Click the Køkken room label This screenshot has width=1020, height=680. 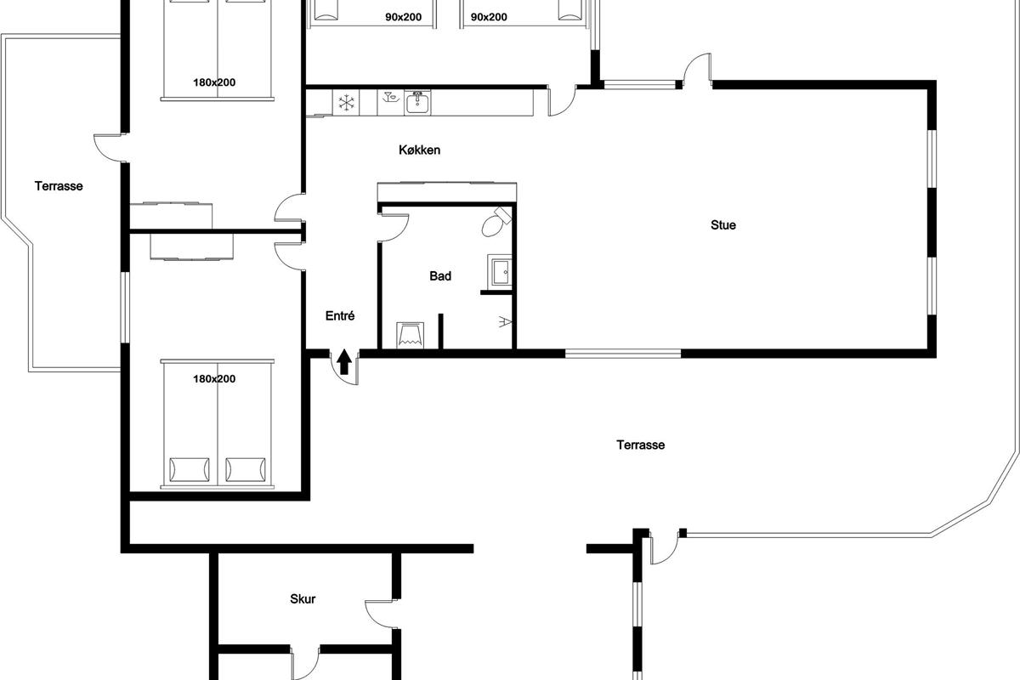point(419,150)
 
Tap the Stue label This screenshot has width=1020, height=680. point(723,225)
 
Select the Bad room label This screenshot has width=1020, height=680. point(440,276)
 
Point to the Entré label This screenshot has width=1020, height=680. point(340,316)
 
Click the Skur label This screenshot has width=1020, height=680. point(303,599)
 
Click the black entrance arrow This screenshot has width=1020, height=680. point(344,361)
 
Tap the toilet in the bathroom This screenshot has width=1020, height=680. point(496,222)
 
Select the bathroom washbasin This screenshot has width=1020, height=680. point(501,272)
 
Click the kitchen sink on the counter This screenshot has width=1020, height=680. point(417,103)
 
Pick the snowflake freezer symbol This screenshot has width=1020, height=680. point(346,103)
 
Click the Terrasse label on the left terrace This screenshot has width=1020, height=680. point(59,186)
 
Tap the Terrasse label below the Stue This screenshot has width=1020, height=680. point(641,445)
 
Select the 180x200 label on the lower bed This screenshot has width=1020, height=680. point(214,379)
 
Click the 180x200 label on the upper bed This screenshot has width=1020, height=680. point(214,82)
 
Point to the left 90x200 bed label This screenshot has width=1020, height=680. point(404,17)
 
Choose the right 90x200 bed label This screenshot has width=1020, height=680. point(489,17)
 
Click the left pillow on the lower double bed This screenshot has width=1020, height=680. point(190,469)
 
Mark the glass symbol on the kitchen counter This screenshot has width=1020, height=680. point(391,98)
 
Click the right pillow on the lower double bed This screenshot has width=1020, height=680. point(246,469)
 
